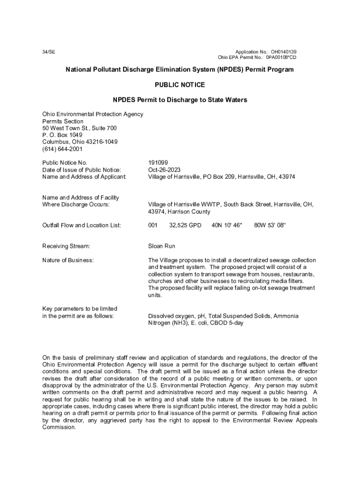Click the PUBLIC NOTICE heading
click(180, 85)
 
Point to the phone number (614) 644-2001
click(62, 149)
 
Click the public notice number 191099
click(158, 162)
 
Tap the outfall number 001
click(153, 225)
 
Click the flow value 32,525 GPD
click(185, 225)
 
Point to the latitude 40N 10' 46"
click(227, 225)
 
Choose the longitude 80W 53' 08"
click(270, 225)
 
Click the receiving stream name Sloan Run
click(161, 246)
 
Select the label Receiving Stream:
click(66, 246)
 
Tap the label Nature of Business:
click(68, 260)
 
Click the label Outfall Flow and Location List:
click(82, 225)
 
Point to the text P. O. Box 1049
click(62, 135)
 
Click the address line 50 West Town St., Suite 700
click(79, 128)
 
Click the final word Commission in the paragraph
click(58, 427)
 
